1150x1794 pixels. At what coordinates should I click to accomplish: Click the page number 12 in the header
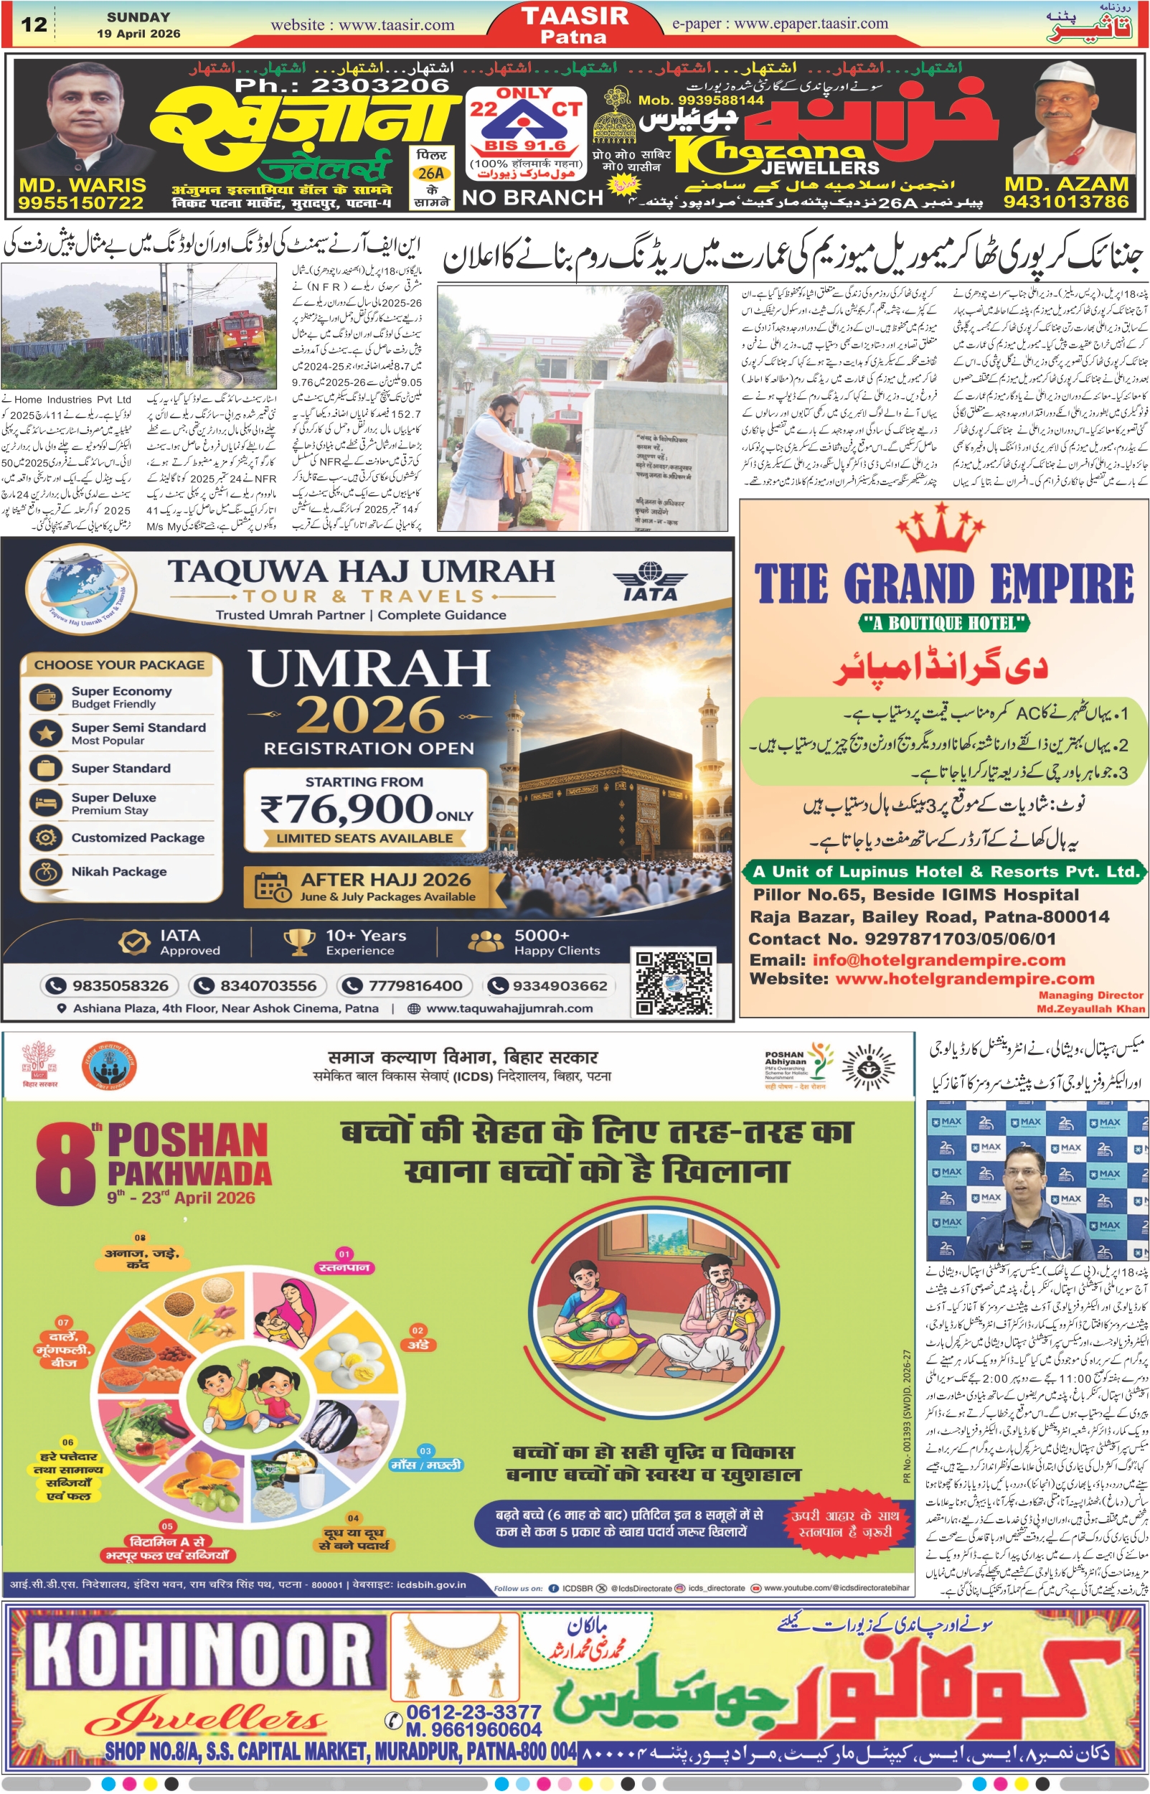coord(34,24)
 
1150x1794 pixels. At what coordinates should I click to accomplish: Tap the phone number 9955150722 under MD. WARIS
coord(80,202)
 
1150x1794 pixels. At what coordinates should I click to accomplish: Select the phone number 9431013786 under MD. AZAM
coord(1065,202)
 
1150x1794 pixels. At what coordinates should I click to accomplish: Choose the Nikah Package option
coord(119,872)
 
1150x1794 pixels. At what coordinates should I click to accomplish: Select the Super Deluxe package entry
coord(113,803)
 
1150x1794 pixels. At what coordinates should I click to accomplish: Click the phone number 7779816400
coord(415,986)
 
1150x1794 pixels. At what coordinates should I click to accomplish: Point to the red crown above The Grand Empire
coord(941,527)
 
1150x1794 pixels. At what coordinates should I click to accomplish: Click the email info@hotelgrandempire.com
coord(938,959)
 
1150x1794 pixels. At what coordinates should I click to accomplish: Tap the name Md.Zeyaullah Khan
coord(1090,1009)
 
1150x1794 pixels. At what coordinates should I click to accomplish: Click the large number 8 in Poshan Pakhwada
coord(65,1166)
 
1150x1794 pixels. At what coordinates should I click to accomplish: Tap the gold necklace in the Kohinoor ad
coord(454,1659)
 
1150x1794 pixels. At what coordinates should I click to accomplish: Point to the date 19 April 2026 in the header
coord(138,34)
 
